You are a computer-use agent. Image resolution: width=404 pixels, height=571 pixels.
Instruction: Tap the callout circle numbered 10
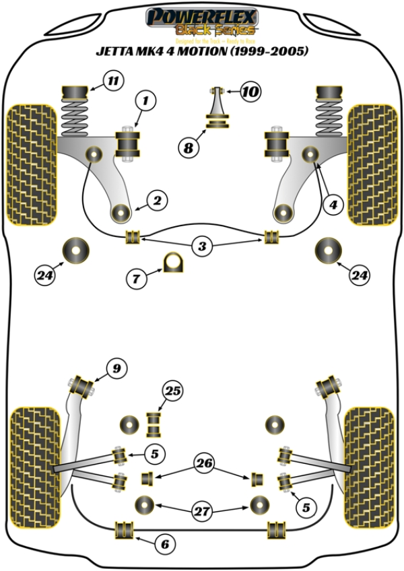[x=250, y=91]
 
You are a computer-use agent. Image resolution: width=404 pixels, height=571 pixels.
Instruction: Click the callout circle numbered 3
[x=201, y=246]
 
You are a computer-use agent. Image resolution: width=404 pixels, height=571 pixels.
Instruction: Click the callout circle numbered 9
[x=116, y=368]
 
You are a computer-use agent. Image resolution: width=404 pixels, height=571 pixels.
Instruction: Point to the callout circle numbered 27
[x=201, y=511]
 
